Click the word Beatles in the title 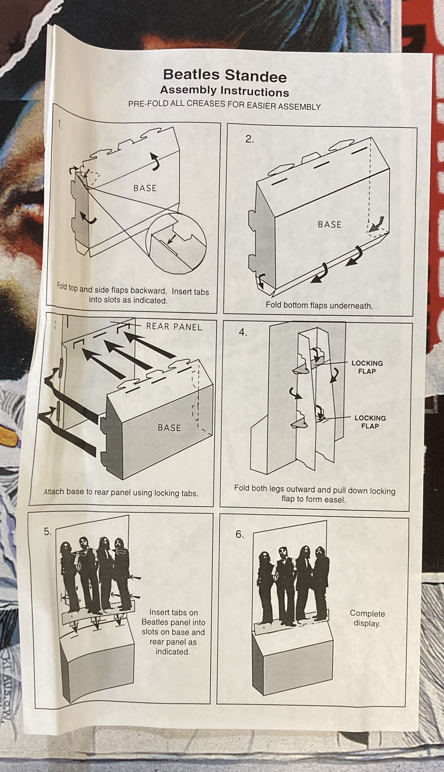(191, 75)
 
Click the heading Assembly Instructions (224, 91)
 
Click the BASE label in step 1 (145, 188)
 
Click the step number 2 (249, 139)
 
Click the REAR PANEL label (174, 327)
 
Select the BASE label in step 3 (169, 428)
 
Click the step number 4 (243, 333)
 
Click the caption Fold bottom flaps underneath (319, 305)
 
